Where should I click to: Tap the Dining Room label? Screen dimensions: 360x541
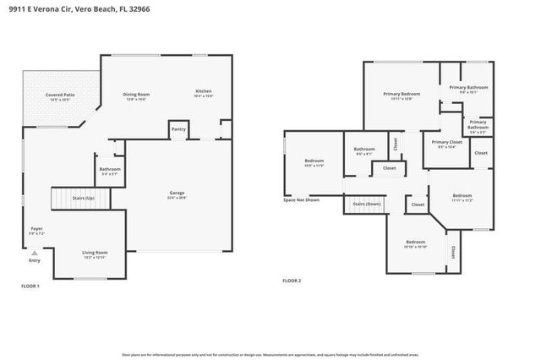point(136,94)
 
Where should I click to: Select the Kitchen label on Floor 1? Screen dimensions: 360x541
point(204,91)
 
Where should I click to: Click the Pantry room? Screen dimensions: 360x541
point(178,129)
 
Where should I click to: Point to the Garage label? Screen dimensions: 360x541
point(177,194)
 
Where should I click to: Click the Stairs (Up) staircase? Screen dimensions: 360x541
point(71,199)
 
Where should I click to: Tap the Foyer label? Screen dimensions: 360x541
point(36,228)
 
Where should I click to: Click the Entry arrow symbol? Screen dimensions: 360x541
point(34,253)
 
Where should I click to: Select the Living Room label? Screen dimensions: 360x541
point(94,253)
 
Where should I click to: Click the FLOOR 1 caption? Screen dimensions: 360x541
point(30,286)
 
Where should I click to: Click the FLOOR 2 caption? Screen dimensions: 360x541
point(291,281)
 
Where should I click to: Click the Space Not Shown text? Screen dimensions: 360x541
point(301,200)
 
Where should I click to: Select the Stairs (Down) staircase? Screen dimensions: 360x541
point(366,205)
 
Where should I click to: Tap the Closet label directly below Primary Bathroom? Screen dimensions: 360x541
point(480,153)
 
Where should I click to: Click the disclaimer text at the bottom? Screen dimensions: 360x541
point(270,354)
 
